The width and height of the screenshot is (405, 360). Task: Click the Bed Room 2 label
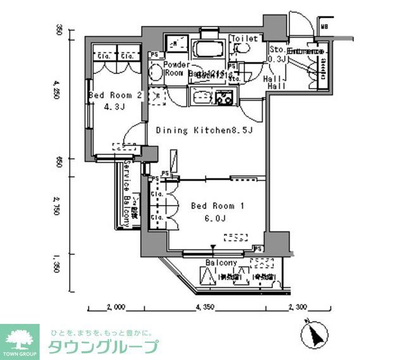[114, 95]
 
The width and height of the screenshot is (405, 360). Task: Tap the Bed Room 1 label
[217, 206]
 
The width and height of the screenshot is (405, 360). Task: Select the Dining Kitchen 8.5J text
[204, 130]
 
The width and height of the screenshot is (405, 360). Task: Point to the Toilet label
[245, 39]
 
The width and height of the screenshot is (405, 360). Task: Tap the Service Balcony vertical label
[127, 194]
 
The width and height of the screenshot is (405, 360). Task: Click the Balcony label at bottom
[221, 263]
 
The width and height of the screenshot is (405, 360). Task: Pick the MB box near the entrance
[323, 27]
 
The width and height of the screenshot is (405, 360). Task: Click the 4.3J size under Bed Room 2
[114, 108]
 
